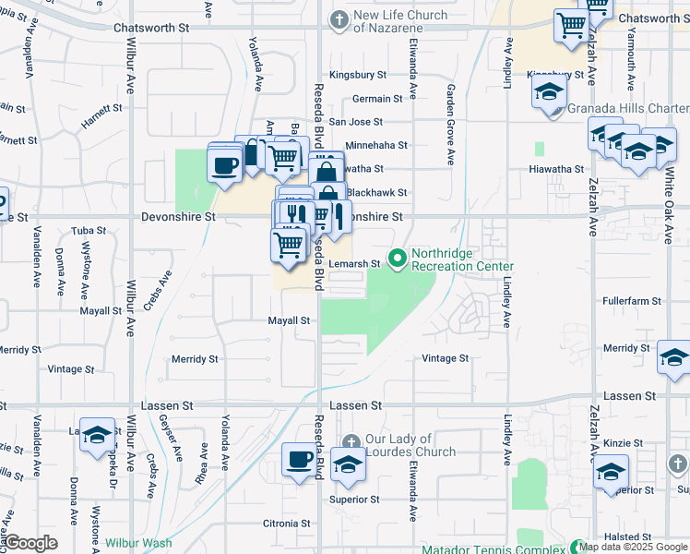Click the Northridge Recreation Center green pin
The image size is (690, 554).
click(x=398, y=259)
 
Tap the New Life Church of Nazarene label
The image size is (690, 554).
click(x=401, y=21)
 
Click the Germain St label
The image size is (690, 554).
click(x=377, y=99)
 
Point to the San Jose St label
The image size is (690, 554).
click(x=355, y=122)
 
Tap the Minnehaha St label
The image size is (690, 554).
click(x=375, y=146)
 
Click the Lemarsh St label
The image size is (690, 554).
click(x=355, y=264)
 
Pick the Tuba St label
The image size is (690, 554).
click(x=89, y=230)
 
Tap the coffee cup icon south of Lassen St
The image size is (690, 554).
click(x=299, y=459)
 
